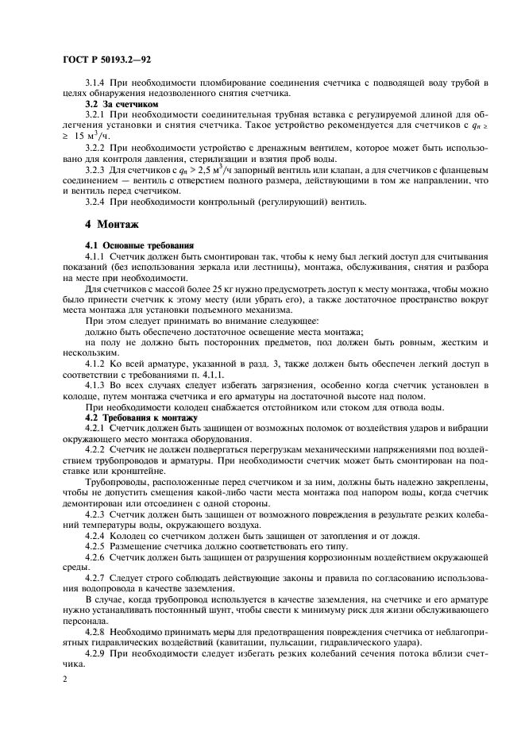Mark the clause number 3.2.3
pyautogui.click(x=96, y=169)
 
